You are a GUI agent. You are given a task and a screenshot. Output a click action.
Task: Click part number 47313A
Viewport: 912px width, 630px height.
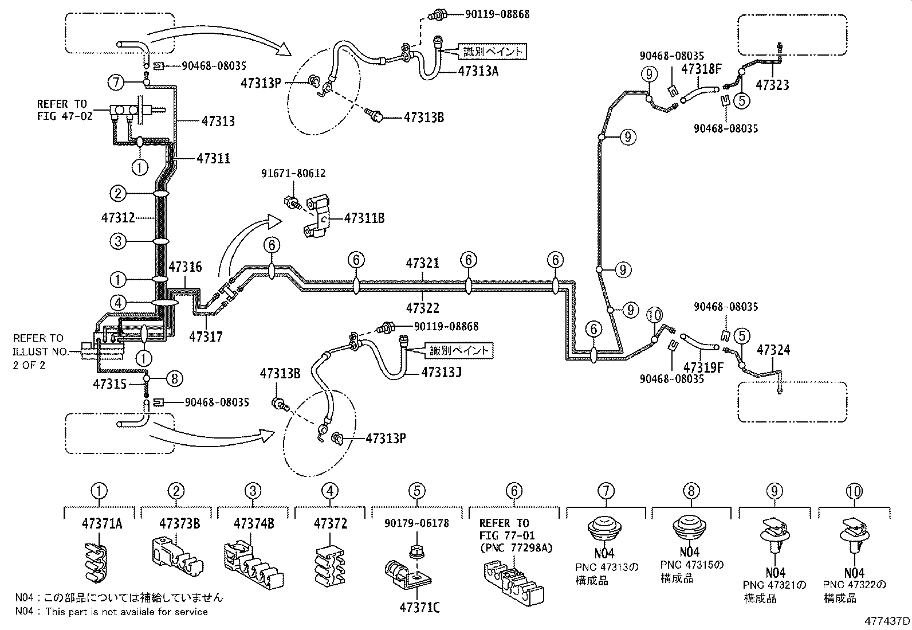point(482,71)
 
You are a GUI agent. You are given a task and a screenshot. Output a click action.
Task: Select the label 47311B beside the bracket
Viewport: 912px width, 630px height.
point(364,218)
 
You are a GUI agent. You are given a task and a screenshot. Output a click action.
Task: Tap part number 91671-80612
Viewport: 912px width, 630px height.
point(294,174)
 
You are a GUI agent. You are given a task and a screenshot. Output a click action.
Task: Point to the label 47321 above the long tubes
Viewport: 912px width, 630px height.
point(423,263)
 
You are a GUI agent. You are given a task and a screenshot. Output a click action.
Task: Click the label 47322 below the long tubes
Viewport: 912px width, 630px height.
point(423,308)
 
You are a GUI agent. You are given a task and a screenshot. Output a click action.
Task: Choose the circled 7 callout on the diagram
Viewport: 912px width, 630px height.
point(116,83)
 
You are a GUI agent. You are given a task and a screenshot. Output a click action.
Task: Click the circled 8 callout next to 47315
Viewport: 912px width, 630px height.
point(174,378)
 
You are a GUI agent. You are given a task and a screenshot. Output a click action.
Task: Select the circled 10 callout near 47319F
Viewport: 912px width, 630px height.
point(654,315)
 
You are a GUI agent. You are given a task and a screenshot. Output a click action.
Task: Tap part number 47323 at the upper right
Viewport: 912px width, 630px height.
point(772,85)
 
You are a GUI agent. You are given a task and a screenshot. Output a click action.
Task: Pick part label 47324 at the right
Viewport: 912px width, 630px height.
point(773,350)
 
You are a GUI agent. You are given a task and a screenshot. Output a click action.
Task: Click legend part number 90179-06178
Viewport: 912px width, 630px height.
point(417,523)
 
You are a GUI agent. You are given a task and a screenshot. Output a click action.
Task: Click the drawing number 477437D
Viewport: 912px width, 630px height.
point(887,621)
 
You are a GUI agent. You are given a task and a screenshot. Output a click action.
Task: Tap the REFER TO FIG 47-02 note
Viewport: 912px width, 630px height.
point(62,109)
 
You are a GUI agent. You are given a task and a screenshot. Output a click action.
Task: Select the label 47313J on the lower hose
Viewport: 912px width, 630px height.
point(442,372)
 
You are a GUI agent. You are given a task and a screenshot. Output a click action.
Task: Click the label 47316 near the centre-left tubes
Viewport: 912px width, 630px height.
point(185,267)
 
